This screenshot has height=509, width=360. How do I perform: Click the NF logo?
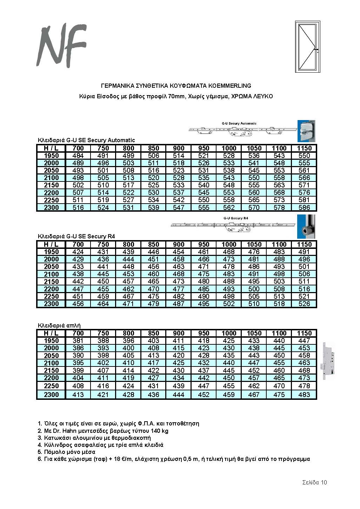click(61, 46)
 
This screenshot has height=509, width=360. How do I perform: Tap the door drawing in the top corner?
click(308, 46)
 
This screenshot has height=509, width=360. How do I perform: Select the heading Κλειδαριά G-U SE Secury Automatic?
click(86, 140)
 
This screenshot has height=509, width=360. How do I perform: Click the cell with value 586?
click(304, 207)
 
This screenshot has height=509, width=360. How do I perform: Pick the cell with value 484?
click(78, 156)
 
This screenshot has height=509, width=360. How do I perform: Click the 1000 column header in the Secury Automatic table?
click(229, 148)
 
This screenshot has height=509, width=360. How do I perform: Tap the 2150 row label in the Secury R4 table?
click(51, 282)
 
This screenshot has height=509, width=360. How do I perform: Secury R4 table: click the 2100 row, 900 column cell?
click(179, 274)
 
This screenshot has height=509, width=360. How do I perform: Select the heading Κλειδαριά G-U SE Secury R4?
click(76, 236)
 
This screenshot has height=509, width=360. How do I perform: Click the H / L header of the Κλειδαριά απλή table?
click(51, 333)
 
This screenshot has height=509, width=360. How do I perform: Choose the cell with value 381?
click(78, 341)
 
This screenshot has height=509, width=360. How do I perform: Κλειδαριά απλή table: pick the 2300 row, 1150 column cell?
click(304, 395)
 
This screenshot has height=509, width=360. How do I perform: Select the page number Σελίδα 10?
click(314, 482)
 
